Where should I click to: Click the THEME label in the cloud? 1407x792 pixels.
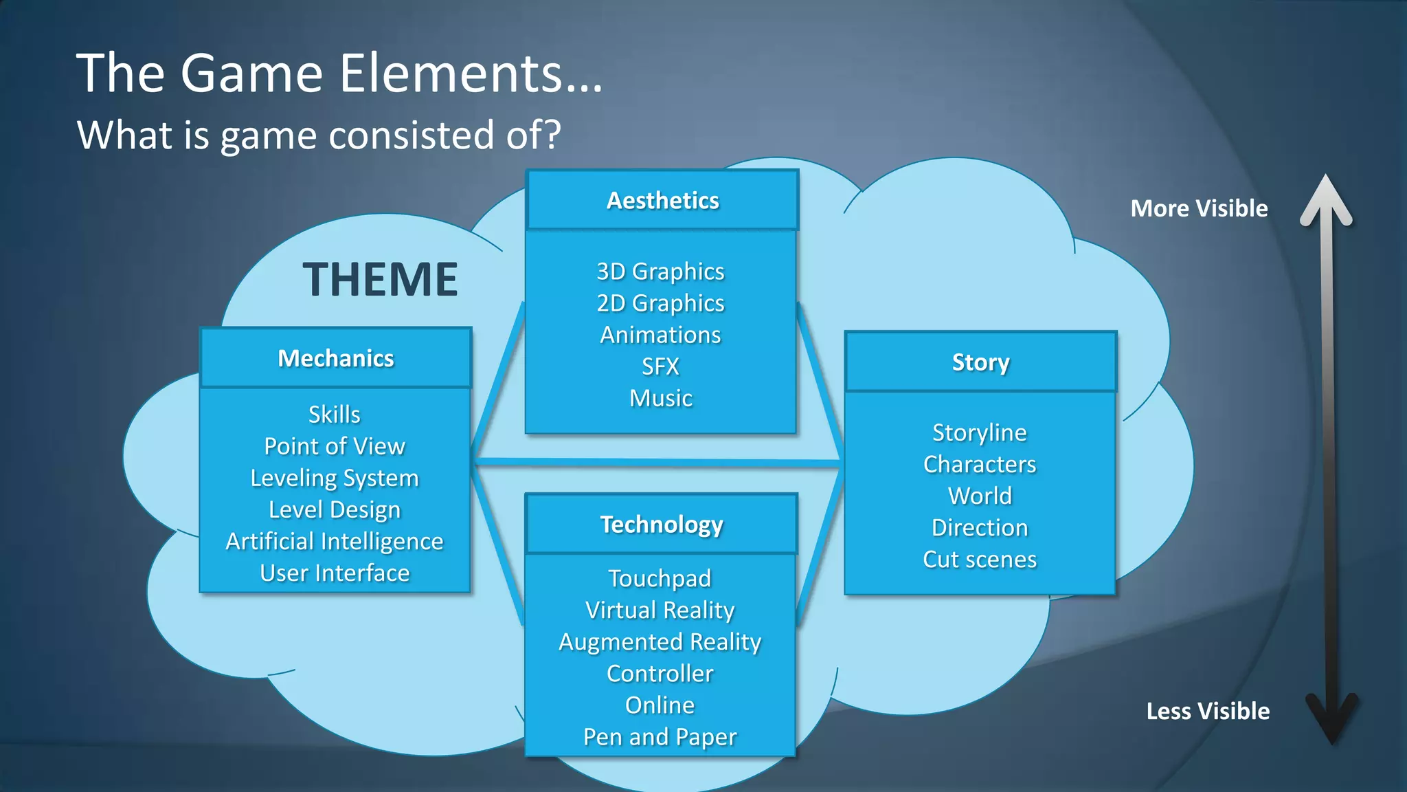click(380, 280)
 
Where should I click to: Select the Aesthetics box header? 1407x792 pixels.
click(662, 200)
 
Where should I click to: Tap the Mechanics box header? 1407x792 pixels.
click(335, 358)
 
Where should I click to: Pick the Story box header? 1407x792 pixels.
click(980, 362)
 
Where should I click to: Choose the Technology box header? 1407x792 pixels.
click(662, 525)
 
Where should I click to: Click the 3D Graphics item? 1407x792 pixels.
click(660, 272)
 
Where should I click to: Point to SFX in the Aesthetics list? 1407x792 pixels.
click(660, 366)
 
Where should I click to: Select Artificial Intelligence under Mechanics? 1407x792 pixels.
click(335, 542)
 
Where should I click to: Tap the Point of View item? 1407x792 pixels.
click(335, 447)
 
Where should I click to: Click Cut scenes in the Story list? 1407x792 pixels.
click(980, 560)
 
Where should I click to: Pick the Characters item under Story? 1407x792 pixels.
click(980, 465)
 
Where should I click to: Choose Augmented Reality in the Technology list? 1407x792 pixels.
click(660, 642)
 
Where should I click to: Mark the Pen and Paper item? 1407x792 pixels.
click(660, 737)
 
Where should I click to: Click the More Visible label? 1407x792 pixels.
click(1199, 208)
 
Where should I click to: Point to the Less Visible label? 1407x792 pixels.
click(1208, 711)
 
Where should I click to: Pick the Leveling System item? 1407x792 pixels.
click(335, 478)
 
